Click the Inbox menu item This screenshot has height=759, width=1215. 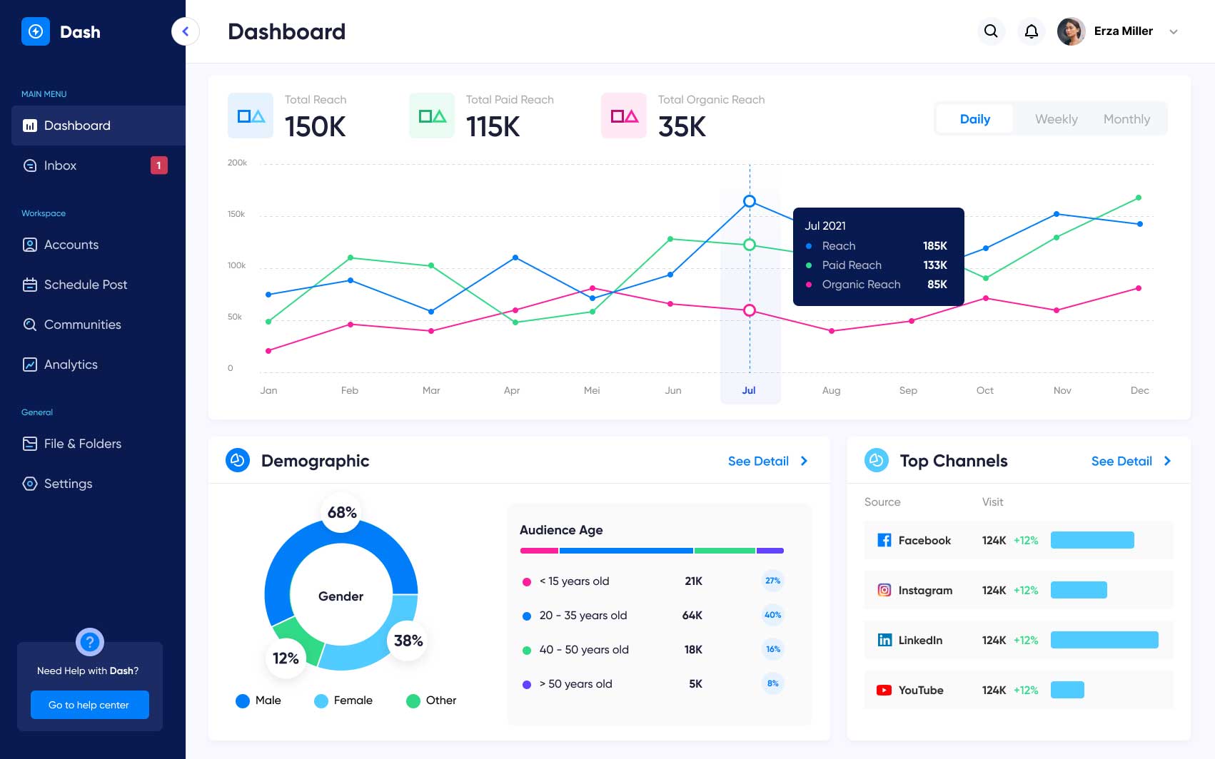[x=60, y=165]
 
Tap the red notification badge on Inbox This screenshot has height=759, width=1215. [x=158, y=165]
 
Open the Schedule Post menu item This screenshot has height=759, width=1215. [x=85, y=285]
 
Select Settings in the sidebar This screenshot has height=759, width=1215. [x=68, y=484]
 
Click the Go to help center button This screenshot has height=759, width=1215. [x=89, y=705]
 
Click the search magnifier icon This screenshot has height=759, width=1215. [x=991, y=31]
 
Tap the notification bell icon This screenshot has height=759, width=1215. [x=1032, y=31]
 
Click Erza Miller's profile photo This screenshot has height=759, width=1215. [x=1071, y=31]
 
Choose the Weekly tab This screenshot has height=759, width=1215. [x=1056, y=119]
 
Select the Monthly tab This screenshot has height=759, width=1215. [x=1126, y=119]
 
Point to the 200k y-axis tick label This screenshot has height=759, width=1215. [x=237, y=163]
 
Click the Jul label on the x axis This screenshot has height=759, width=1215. [x=749, y=390]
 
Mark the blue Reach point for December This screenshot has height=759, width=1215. [x=1139, y=224]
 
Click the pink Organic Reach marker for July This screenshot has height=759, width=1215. [x=750, y=310]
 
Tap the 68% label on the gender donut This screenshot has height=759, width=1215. [x=342, y=512]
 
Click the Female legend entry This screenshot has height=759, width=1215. [x=353, y=701]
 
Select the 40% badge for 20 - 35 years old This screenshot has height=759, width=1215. [x=772, y=615]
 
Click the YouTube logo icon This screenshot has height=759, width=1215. [x=884, y=690]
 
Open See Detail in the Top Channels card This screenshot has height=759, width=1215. [x=1130, y=461]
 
